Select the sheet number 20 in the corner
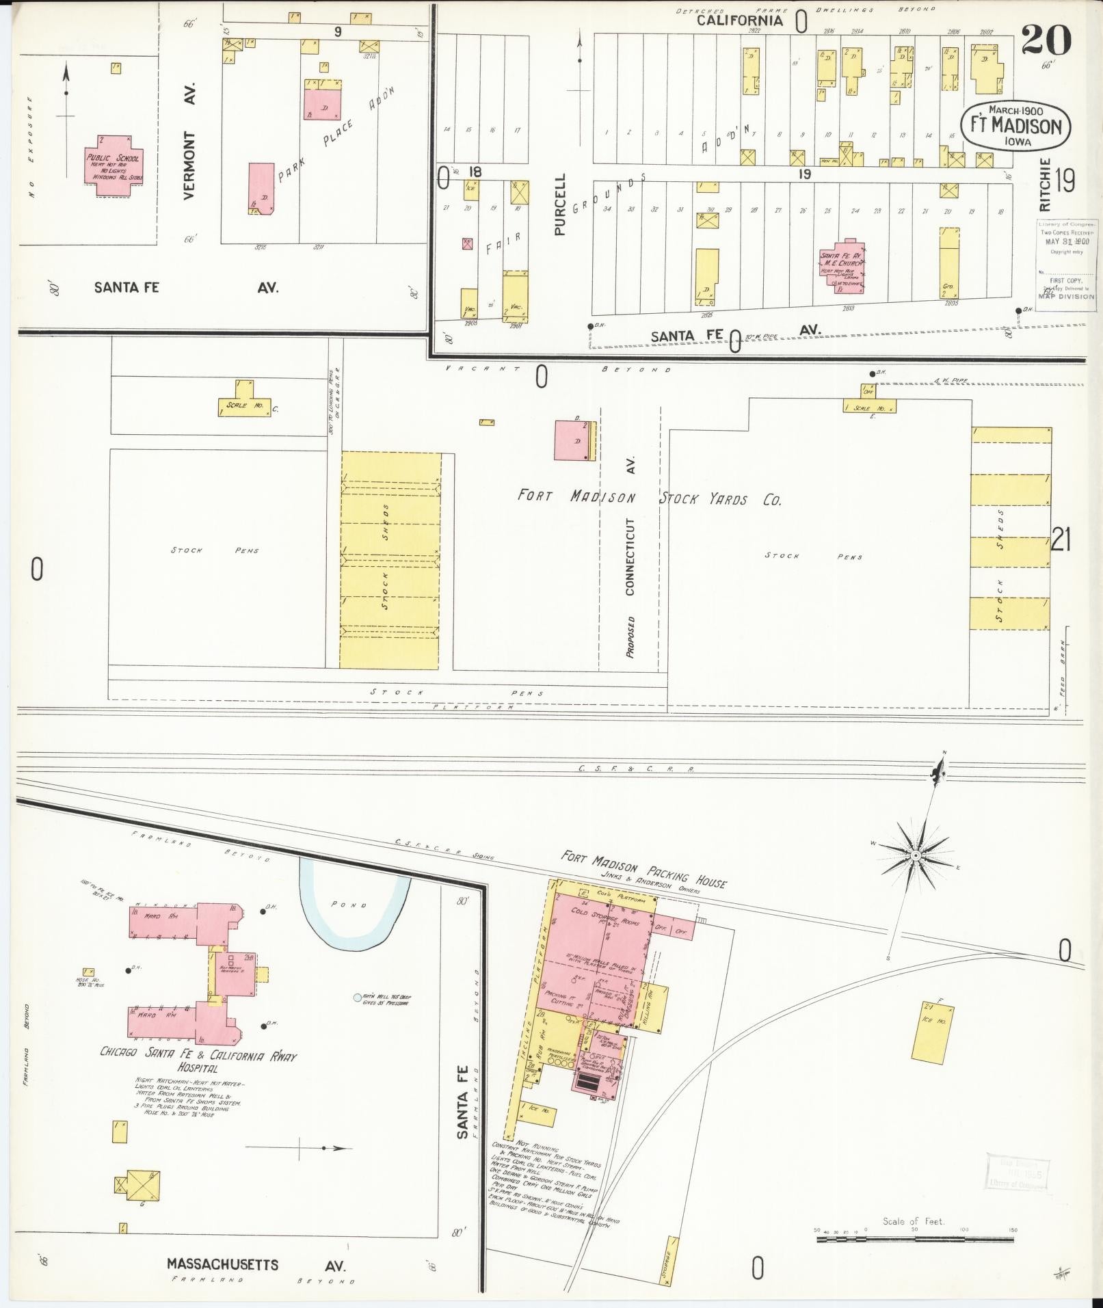(x=1046, y=40)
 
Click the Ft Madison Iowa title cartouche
(x=1015, y=127)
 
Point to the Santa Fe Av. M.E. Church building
(x=843, y=267)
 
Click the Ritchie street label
(x=1044, y=185)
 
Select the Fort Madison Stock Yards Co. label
(x=648, y=498)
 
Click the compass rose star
(x=914, y=855)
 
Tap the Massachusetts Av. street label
(x=256, y=1264)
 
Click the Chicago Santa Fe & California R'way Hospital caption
(x=198, y=1060)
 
